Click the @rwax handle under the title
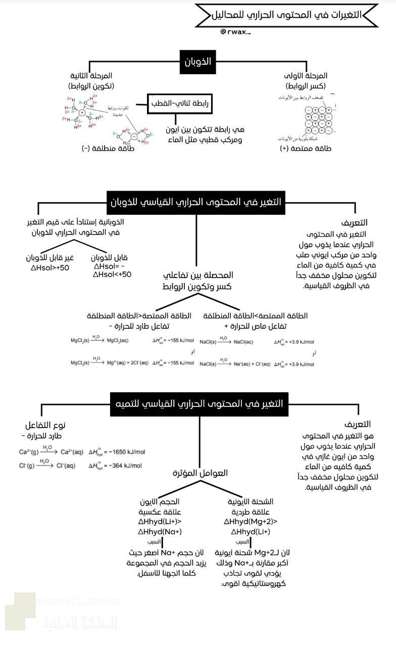pos(235,32)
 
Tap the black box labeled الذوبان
pos(198,61)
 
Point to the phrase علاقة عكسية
pos(159,512)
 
